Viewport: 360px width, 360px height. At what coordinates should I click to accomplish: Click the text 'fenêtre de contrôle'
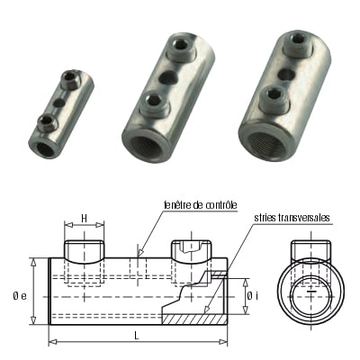pos(200,206)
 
